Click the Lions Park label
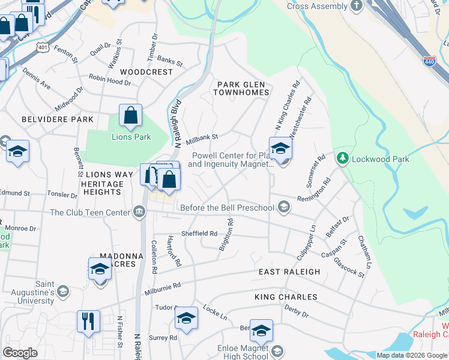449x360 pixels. pos(131,137)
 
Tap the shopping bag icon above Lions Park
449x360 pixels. pos(130,116)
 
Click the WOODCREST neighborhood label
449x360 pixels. pos(146,71)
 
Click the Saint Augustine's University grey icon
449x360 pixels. pos(62,292)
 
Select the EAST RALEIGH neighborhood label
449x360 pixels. pos(289,272)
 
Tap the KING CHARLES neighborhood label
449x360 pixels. pos(286,297)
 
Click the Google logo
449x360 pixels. pos(20,353)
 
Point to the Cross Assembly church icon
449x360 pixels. pos(357,7)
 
